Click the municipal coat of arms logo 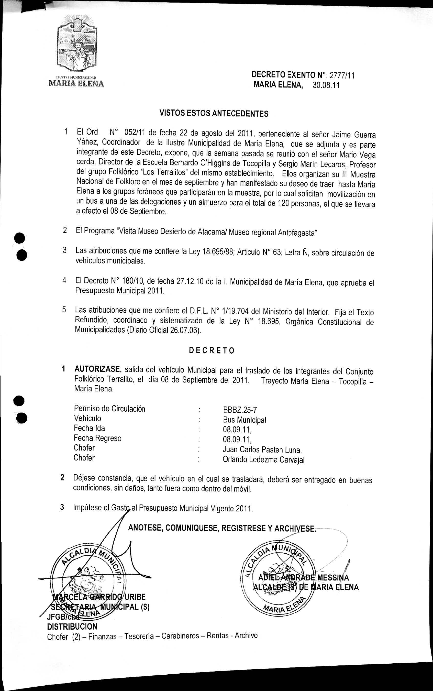(77, 44)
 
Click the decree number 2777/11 (342, 76)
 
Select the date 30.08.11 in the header (326, 85)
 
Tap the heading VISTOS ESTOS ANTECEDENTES (214, 114)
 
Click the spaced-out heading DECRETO (212, 350)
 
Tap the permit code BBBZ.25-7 (240, 410)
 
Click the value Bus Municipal (244, 420)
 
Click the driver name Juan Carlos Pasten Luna (262, 449)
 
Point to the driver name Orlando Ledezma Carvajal (263, 460)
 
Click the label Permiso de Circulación (109, 408)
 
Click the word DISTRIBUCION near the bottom (72, 626)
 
